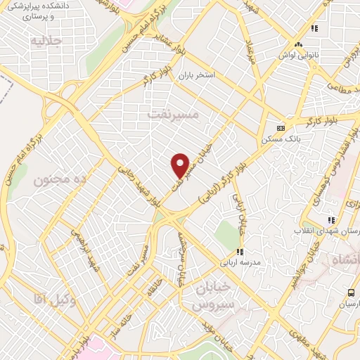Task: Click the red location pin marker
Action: pos(180,165)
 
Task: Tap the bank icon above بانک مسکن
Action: pos(281,129)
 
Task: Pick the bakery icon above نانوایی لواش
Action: pos(315,29)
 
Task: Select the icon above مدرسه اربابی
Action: pos(240,251)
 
